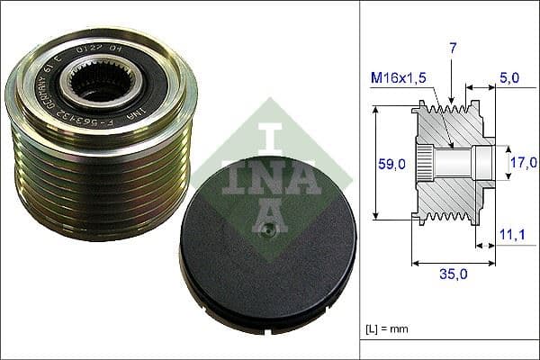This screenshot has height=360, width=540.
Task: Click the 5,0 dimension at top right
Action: point(509,78)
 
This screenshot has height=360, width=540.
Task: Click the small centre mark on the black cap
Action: point(267,231)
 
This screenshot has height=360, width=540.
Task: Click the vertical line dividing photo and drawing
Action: point(360,180)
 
